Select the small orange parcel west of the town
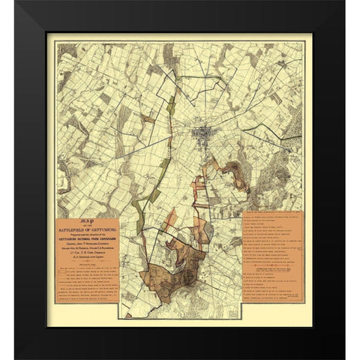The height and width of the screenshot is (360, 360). tap(149, 118)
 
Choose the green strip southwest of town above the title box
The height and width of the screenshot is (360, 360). tap(154, 196)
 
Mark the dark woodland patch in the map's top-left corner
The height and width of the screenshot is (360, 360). tap(66, 52)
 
